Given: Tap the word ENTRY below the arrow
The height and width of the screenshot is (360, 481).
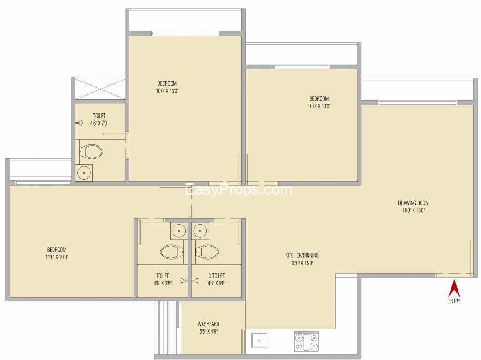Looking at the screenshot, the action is tap(454, 301).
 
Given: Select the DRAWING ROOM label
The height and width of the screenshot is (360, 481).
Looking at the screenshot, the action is tap(413, 202).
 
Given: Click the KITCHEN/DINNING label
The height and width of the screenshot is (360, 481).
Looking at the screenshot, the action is tap(302, 255).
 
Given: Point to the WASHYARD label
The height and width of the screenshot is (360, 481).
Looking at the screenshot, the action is tap(208, 324).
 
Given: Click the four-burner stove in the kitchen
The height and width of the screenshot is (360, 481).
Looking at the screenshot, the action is tap(307, 341).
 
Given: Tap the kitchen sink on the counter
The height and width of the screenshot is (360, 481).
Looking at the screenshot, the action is tap(259, 341).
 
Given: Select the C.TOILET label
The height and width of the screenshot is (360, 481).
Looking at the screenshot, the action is tap(216, 276).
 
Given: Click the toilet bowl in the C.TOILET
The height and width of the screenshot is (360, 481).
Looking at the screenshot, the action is tap(207, 252).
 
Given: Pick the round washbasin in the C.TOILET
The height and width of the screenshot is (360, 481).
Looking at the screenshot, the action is tap(200, 231).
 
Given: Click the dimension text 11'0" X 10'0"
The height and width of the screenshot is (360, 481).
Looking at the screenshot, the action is tap(57, 257).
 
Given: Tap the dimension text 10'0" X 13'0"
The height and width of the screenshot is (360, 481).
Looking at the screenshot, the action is tap(167, 91).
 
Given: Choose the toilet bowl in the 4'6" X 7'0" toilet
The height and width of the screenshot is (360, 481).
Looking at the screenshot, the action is tap(91, 151).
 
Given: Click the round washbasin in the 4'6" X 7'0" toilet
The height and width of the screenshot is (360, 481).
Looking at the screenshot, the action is tap(84, 172).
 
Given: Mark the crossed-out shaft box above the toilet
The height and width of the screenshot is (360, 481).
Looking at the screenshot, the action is tap(100, 89).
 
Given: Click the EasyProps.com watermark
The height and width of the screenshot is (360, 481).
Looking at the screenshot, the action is tap(238, 189).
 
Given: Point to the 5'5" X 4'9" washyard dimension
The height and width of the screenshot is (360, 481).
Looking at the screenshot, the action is tap(208, 331).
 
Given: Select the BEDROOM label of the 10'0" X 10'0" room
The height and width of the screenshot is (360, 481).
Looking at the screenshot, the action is tap(319, 98).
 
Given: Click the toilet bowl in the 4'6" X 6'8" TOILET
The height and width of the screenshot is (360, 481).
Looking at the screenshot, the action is tap(172, 252).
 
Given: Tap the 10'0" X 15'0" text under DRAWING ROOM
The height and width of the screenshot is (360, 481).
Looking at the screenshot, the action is tap(413, 210).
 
